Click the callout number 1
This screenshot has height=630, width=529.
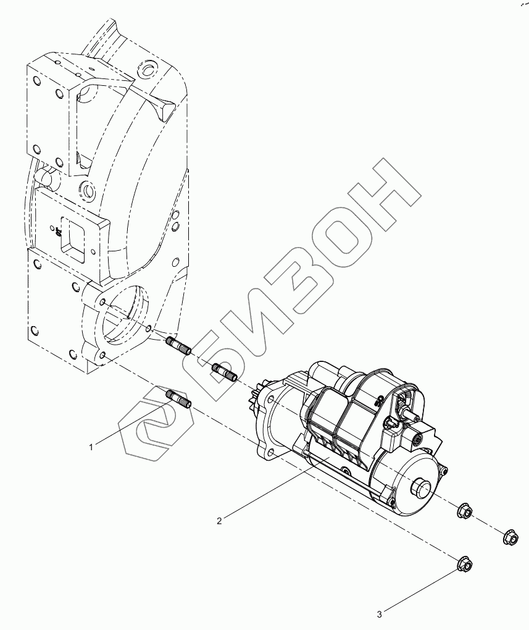click(91, 447)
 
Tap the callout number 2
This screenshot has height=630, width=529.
click(219, 521)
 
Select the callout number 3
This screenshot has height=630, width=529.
click(380, 614)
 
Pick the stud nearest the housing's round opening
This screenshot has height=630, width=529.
click(179, 345)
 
